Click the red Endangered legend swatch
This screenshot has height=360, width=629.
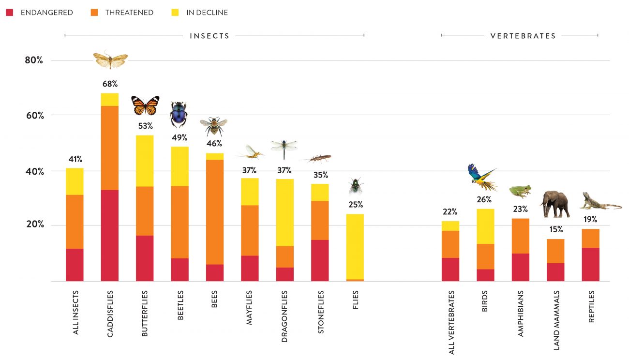tap(9, 13)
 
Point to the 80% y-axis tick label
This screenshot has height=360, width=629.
tap(34, 60)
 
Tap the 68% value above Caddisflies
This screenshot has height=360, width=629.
tap(110, 84)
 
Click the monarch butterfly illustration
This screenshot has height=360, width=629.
tap(145, 105)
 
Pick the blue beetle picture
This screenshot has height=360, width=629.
tap(179, 115)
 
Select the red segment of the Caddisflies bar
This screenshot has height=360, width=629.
tap(110, 235)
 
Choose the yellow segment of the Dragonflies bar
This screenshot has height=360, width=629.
tap(285, 212)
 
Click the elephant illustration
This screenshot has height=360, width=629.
tap(555, 204)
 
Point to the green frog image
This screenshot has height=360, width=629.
tap(520, 191)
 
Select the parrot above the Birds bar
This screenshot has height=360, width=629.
tap(481, 177)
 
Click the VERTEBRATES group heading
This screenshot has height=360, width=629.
tap(523, 36)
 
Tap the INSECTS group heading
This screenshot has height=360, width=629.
tap(210, 36)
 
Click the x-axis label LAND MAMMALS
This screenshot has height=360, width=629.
tap(556, 320)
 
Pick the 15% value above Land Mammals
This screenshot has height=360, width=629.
tap(556, 229)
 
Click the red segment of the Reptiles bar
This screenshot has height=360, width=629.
tap(591, 264)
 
